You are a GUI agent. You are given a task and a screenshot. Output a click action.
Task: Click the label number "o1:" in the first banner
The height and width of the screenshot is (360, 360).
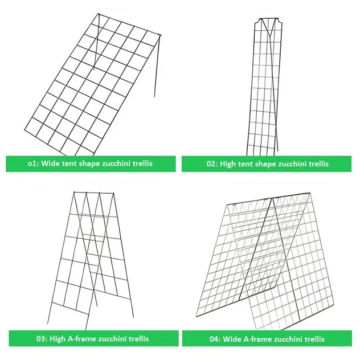(x=33, y=163)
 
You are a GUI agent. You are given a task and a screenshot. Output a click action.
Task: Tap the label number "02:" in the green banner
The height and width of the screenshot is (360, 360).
(x=212, y=163)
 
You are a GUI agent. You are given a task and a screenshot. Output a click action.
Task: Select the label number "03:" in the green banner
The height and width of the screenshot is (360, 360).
(x=42, y=339)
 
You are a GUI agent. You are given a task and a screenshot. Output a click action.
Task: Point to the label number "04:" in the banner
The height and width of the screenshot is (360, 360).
(x=215, y=339)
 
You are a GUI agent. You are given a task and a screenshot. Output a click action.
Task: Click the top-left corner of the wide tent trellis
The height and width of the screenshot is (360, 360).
(x=98, y=14)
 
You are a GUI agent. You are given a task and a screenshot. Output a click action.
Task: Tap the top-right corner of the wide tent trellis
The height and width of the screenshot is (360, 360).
(x=160, y=35)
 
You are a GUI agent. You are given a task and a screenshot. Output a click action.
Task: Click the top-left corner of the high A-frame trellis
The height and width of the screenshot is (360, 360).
(x=74, y=192)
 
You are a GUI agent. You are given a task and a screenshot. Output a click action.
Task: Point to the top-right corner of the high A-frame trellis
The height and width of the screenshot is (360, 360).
(x=113, y=193)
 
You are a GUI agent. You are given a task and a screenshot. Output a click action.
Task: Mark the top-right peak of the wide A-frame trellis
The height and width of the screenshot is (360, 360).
(x=310, y=193)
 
